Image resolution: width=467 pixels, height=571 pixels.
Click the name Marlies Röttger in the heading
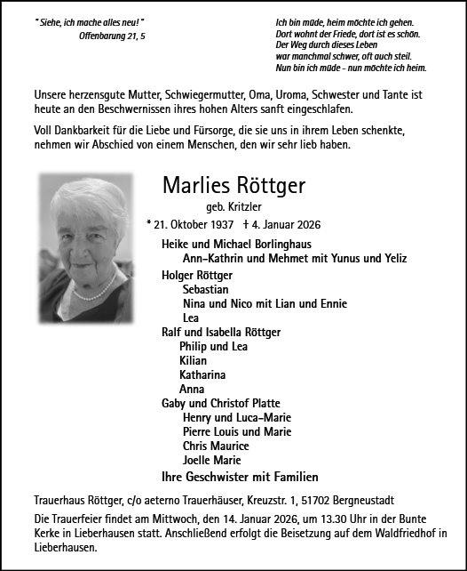[233, 185]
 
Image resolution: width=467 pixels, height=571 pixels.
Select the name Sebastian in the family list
[206, 289]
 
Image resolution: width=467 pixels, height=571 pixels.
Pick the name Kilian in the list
[193, 360]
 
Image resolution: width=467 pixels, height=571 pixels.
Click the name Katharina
[202, 374]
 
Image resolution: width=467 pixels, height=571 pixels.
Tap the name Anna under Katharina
[192, 389]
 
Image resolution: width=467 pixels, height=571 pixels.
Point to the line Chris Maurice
[216, 446]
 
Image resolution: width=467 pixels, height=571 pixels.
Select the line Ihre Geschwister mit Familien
[239, 476]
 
